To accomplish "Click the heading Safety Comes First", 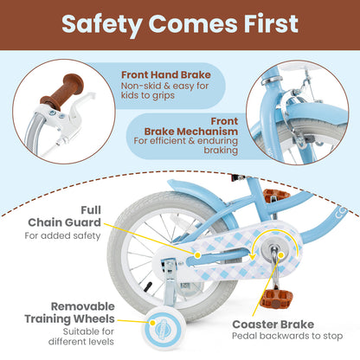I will click(x=180, y=25).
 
